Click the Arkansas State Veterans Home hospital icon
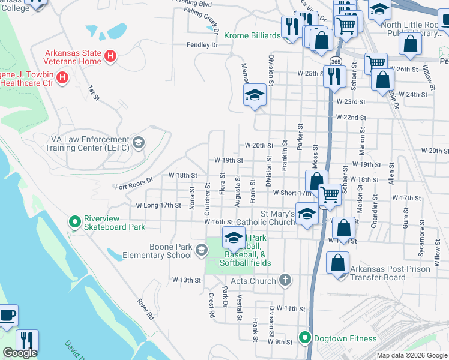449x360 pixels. pyautogui.click(x=110, y=57)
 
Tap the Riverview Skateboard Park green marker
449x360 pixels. pyautogui.click(x=75, y=223)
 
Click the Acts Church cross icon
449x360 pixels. pyautogui.click(x=285, y=280)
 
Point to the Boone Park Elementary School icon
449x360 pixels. pyautogui.click(x=202, y=254)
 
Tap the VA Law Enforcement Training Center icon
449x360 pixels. pyautogui.click(x=139, y=142)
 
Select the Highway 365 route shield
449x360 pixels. pyautogui.click(x=336, y=61)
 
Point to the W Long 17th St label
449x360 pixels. pyautogui.click(x=158, y=205)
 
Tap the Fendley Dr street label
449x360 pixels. pyautogui.click(x=202, y=45)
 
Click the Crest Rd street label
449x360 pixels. pyautogui.click(x=211, y=304)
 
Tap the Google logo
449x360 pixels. pyautogui.click(x=20, y=353)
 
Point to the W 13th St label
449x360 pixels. pyautogui.click(x=186, y=280)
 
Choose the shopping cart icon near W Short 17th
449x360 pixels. pyautogui.click(x=329, y=194)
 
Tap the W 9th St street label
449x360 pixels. pyautogui.click(x=279, y=343)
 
